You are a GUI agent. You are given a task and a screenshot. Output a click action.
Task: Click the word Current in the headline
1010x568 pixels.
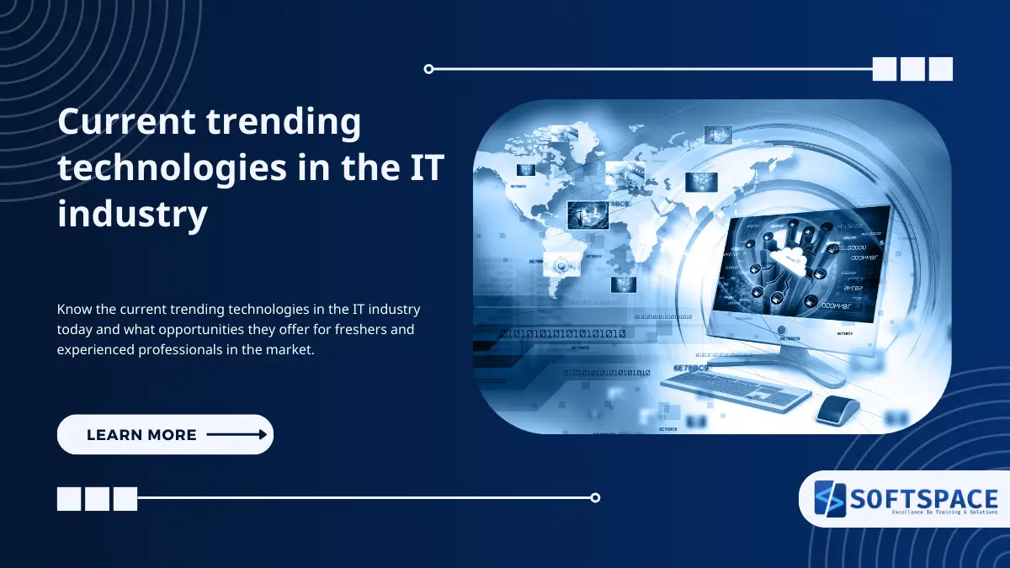125,123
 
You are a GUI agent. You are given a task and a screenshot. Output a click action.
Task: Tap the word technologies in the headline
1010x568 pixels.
161,168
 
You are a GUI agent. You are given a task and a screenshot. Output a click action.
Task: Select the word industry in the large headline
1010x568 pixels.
132,215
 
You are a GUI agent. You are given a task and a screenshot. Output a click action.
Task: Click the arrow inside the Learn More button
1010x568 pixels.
237,434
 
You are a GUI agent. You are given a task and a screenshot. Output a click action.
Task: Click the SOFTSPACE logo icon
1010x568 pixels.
830,498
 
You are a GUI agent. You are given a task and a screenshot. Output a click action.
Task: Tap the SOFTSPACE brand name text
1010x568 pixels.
923,497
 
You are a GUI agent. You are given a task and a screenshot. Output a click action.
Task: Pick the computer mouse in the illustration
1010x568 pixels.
837,410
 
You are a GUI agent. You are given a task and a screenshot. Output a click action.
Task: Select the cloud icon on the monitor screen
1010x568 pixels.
792,257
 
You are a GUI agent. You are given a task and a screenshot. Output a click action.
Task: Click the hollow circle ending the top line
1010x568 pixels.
428,69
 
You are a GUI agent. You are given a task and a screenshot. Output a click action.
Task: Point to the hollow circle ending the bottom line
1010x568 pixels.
595,497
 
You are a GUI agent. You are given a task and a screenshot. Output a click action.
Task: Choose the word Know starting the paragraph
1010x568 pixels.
72,310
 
